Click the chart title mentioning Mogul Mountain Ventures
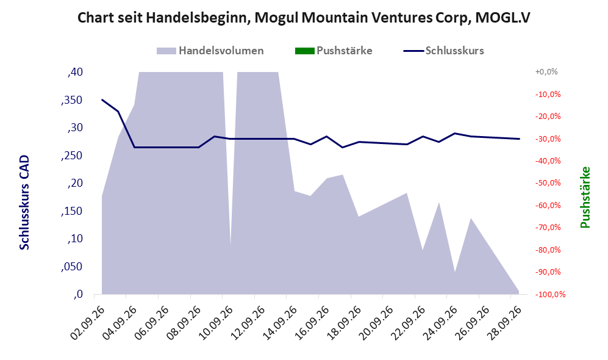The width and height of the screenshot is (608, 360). point(304,18)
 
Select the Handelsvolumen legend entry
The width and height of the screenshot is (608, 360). point(210,51)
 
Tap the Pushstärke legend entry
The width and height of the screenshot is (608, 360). point(334,51)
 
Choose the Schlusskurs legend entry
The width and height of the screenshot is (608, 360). point(443,51)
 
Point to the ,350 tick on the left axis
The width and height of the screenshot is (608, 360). point(72,100)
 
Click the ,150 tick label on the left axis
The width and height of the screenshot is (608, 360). point(72,211)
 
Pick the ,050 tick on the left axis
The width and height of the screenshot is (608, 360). point(72,267)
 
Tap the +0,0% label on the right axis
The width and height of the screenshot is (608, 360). point(546,72)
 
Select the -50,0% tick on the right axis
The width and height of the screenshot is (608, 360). point(548,182)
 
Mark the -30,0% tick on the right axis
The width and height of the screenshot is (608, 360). point(548,139)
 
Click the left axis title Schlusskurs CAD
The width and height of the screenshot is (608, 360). point(24,203)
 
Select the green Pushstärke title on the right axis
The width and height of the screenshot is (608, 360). point(585,197)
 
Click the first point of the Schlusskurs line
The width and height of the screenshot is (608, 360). point(102,99)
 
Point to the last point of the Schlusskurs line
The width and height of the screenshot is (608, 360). point(519,139)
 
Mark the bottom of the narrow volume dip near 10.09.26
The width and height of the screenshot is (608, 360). point(231,245)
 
